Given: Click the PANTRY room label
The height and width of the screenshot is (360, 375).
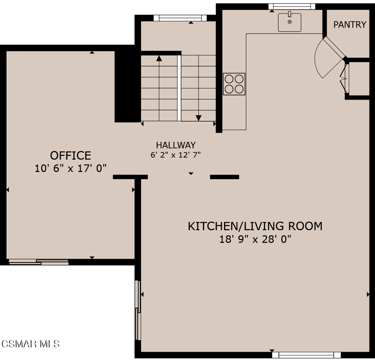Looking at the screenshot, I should pyautogui.click(x=349, y=25).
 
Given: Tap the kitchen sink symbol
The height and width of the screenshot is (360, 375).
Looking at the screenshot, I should pyautogui.click(x=289, y=22).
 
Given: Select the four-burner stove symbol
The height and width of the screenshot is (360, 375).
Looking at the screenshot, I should pyautogui.click(x=234, y=84).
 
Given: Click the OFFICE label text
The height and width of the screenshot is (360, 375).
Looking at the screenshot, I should pyautogui.click(x=70, y=155).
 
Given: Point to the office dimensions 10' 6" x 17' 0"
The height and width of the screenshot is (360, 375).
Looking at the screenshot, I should pyautogui.click(x=70, y=168).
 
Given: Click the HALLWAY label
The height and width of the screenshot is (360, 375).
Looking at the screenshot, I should pyautogui.click(x=176, y=145).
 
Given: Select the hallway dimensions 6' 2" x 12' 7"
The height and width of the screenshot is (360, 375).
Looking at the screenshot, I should pyautogui.click(x=176, y=155).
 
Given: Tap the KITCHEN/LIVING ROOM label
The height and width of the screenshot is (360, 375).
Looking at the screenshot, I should pyautogui.click(x=255, y=226).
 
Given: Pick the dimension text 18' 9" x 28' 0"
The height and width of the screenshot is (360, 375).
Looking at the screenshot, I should pyautogui.click(x=255, y=239).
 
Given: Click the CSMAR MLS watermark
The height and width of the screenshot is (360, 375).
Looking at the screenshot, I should pyautogui.click(x=30, y=344).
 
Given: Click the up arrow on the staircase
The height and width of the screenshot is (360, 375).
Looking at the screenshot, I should pyautogui.click(x=159, y=59).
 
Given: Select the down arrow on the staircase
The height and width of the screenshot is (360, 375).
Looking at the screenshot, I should pyautogui.click(x=198, y=117).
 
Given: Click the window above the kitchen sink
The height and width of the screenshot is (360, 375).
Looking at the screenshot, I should pyautogui.click(x=292, y=6).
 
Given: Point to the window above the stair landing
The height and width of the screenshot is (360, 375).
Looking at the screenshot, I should pyautogui.click(x=180, y=17).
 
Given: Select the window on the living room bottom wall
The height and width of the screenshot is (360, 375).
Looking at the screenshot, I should pyautogui.click(x=307, y=355).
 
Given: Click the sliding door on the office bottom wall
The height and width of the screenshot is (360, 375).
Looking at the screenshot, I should pyautogui.click(x=39, y=262).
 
